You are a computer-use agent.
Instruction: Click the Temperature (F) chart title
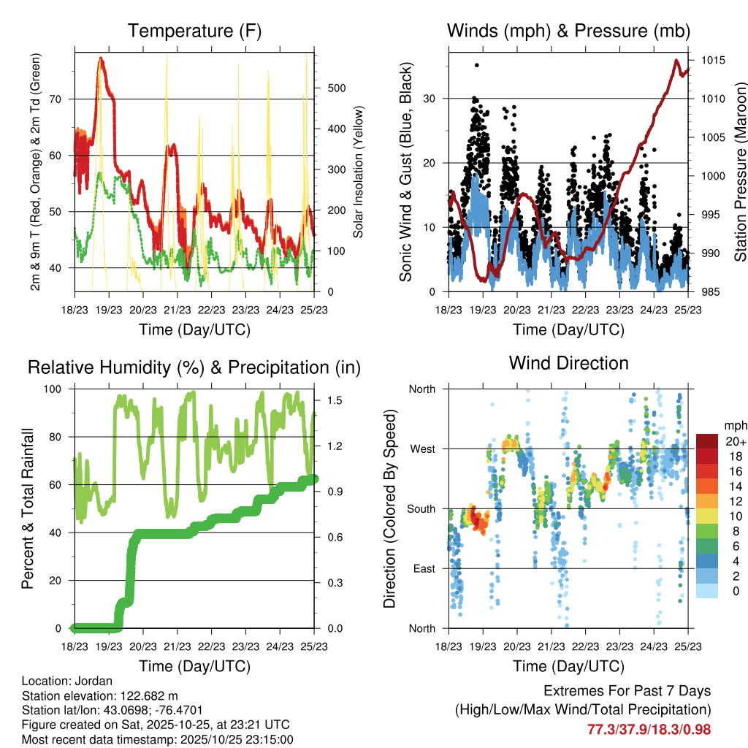(x=194, y=31)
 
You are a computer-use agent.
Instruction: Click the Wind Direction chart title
(x=568, y=362)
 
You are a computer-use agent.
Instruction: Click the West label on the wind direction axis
(x=421, y=449)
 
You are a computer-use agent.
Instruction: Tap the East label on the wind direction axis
(x=422, y=568)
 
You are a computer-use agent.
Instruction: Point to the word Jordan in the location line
(x=85, y=681)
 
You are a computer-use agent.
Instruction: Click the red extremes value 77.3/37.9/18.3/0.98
(x=649, y=729)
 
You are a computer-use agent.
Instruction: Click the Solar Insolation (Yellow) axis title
(x=359, y=172)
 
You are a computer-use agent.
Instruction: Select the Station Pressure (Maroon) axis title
(x=739, y=172)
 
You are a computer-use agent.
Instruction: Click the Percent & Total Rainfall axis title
(x=27, y=508)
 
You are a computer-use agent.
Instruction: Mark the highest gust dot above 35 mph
(x=477, y=65)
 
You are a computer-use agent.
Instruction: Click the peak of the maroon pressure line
(x=676, y=61)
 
